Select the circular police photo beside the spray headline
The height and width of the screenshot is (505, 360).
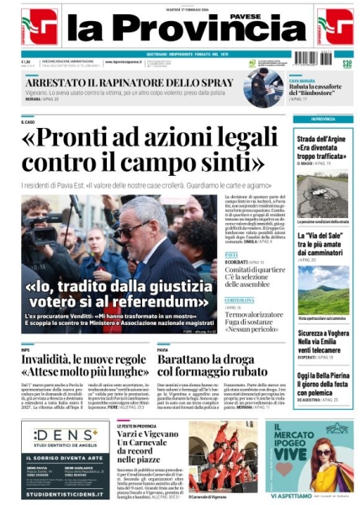pos(262,87)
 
